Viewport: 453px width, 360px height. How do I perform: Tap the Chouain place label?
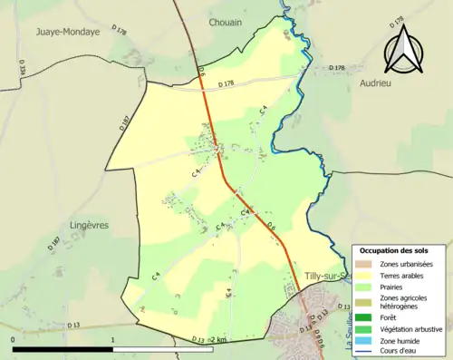tap(225, 23)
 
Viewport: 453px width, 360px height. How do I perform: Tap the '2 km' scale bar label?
tap(218, 339)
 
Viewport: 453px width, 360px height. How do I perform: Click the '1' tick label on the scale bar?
tap(112, 339)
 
